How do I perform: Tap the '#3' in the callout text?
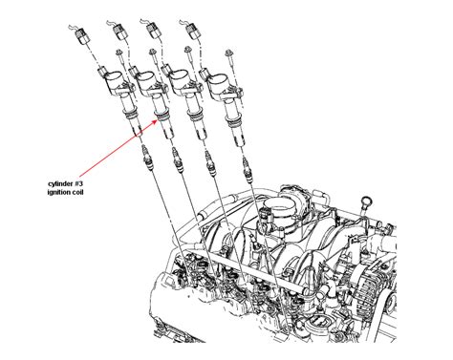pyautogui.click(x=79, y=183)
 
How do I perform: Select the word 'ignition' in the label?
pyautogui.click(x=58, y=192)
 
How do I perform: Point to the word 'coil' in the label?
pyautogui.click(x=77, y=192)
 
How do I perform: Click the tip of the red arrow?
pyautogui.click(x=159, y=120)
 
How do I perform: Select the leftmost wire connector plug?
pyautogui.click(x=82, y=35)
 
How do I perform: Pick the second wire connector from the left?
pyautogui.click(x=120, y=32)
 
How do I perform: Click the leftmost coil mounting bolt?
pyautogui.click(x=120, y=56)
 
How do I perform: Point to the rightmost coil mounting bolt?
pyautogui.click(x=230, y=57)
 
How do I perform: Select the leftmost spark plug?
pyautogui.click(x=146, y=157)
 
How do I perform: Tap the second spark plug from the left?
pyautogui.click(x=177, y=160)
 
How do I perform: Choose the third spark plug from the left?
pyautogui.click(x=210, y=163)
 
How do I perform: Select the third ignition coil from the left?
pyautogui.click(x=187, y=101)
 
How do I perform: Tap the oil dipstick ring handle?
pyautogui.click(x=364, y=202)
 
